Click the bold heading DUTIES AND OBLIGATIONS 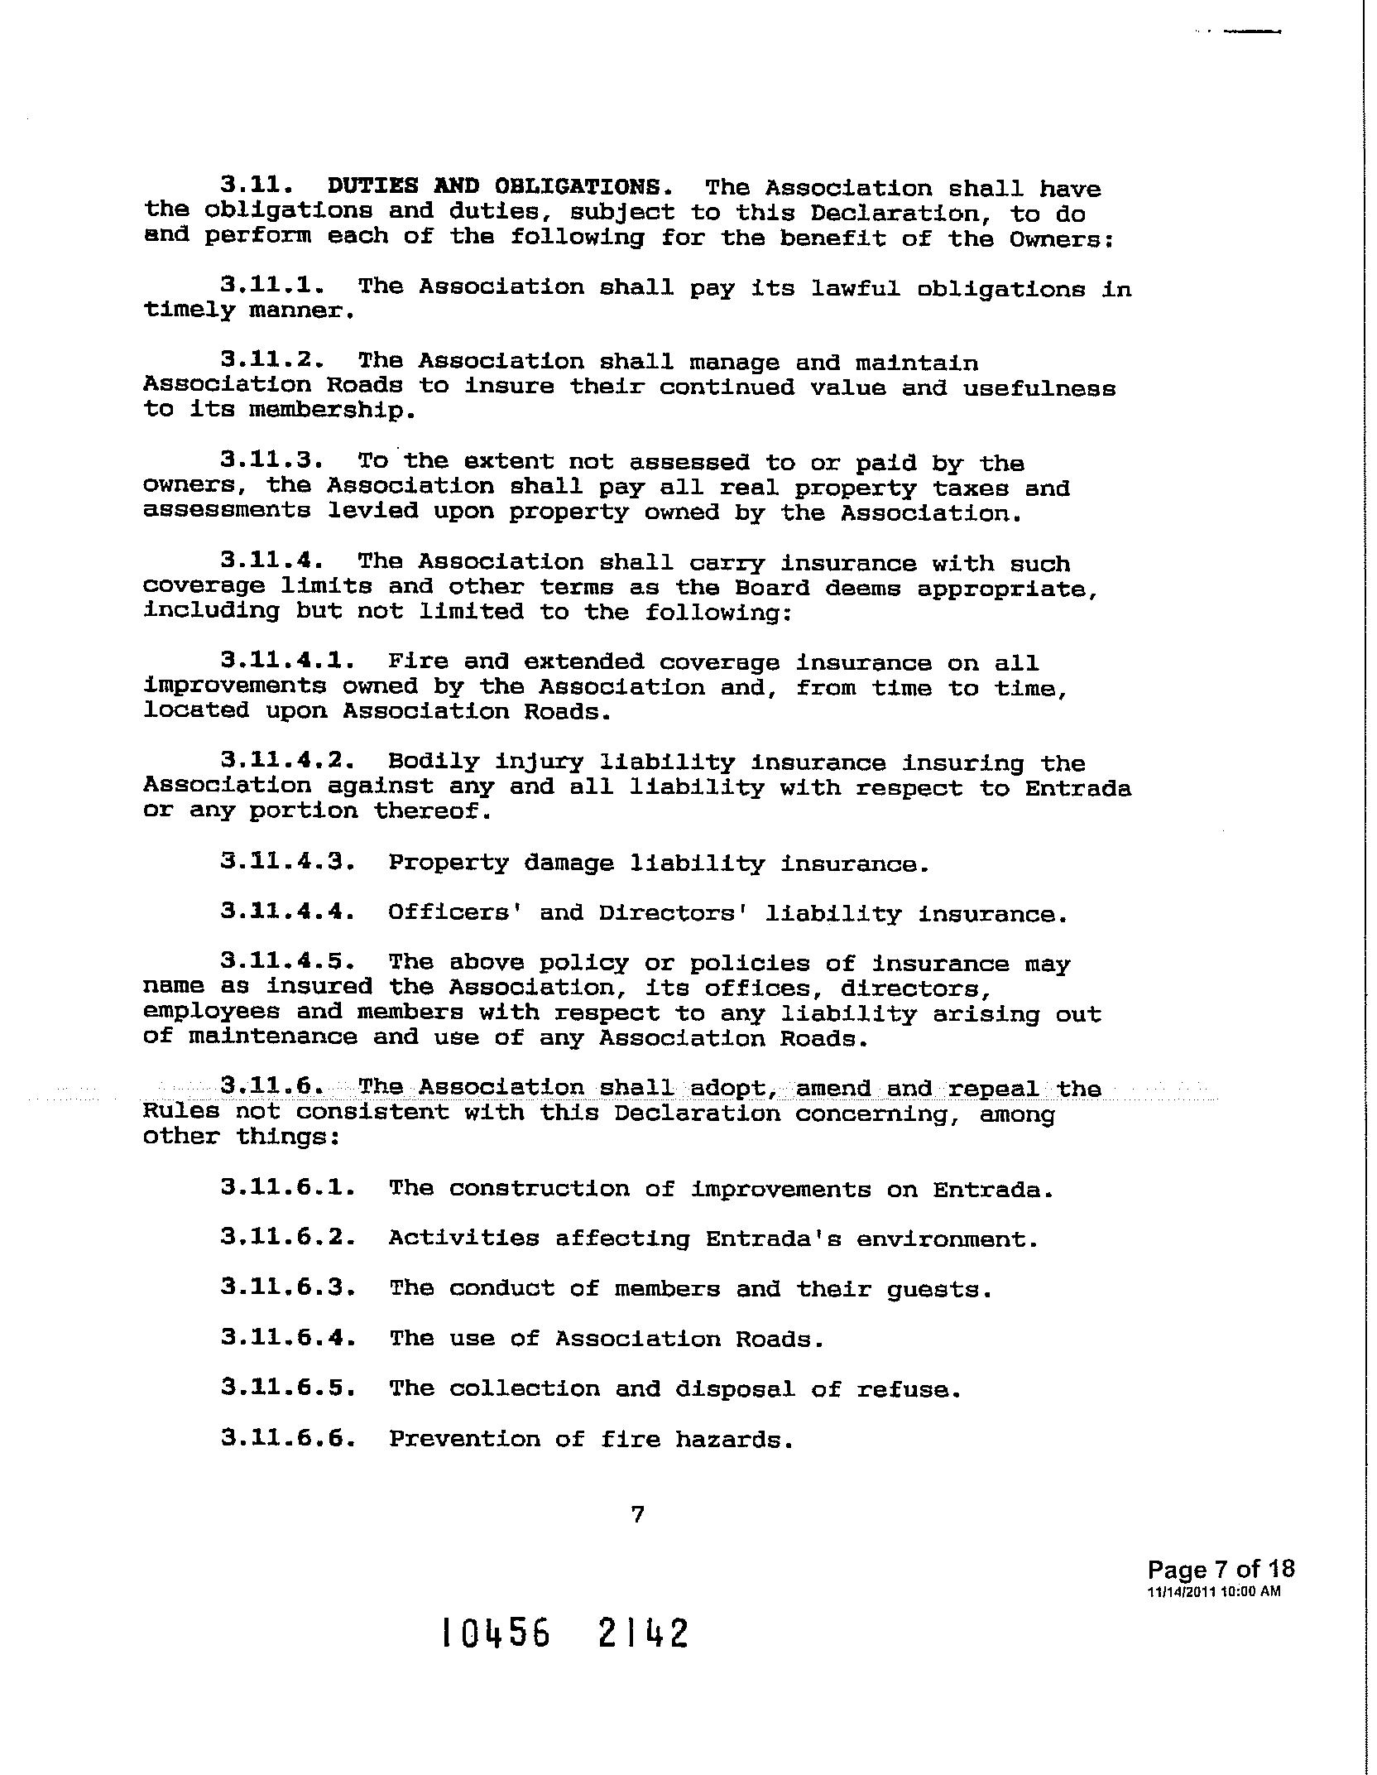pos(494,186)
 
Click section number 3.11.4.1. pos(288,661)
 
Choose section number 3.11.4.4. pos(288,912)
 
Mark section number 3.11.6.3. pos(288,1288)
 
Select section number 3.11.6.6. pos(288,1439)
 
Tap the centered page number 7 pos(637,1514)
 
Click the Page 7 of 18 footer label pos(1221,1569)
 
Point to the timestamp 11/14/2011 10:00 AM pos(1213,1591)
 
